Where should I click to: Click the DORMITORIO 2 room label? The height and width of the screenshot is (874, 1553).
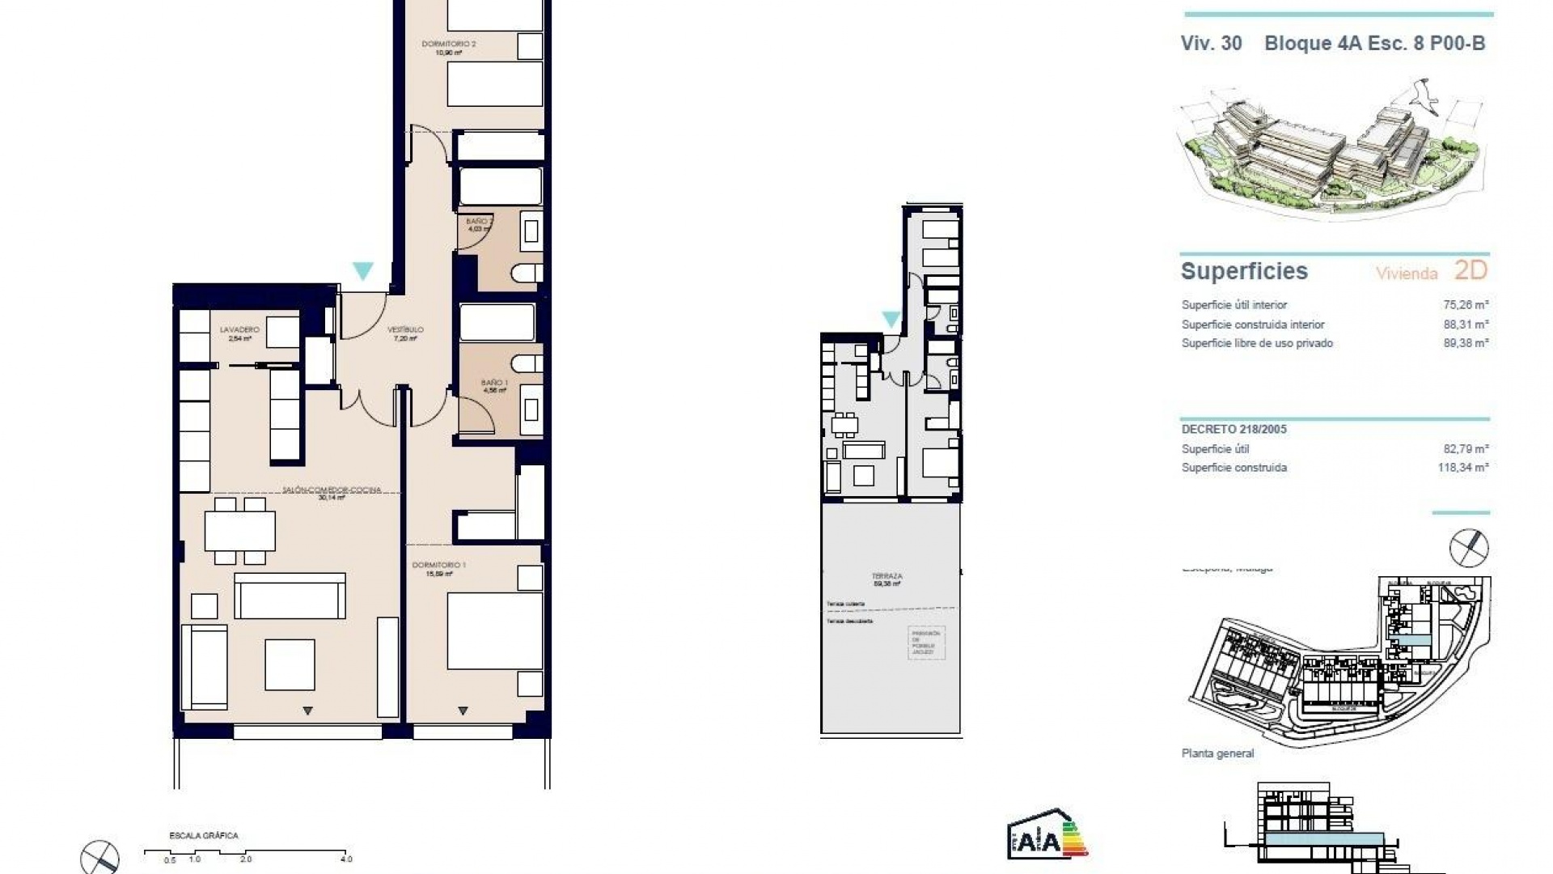tap(448, 44)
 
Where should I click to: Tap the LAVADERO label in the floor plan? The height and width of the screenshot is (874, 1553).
tap(239, 330)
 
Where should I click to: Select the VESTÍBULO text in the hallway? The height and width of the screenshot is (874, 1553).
tap(404, 330)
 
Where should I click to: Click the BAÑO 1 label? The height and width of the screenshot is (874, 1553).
tap(494, 383)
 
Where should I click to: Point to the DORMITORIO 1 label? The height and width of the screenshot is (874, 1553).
tap(438, 565)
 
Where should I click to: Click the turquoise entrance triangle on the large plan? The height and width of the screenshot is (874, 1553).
tap(363, 270)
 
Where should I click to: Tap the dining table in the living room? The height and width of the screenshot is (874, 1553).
tap(239, 531)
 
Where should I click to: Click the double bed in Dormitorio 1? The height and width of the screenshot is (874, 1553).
tap(493, 631)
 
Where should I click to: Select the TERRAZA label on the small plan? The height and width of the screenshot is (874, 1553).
tap(887, 576)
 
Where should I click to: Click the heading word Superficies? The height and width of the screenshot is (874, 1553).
tap(1244, 271)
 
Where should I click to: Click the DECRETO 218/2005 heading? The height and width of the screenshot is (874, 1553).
tap(1234, 430)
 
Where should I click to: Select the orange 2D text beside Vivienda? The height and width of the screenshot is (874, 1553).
tap(1470, 270)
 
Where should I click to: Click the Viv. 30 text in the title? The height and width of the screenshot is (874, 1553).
tap(1211, 44)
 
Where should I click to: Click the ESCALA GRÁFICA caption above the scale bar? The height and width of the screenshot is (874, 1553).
tap(203, 836)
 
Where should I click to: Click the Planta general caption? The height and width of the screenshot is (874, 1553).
tap(1217, 753)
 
